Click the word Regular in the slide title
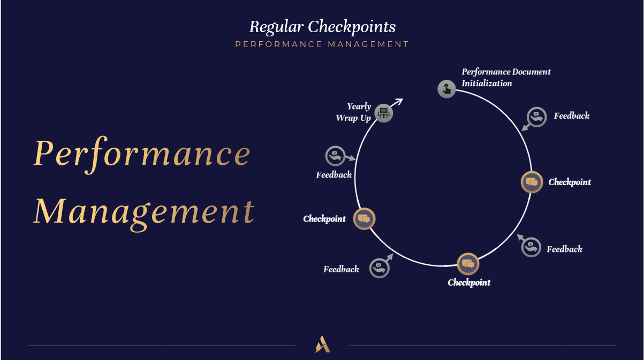(277, 26)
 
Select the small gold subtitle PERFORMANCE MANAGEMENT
(322, 44)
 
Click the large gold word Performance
(142, 154)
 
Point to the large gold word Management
(144, 212)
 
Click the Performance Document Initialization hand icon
(446, 89)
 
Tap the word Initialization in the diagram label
(487, 83)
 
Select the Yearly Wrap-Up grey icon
(383, 113)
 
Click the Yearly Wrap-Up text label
(354, 112)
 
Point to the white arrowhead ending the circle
(399, 101)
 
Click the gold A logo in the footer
(322, 344)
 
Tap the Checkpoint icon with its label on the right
(532, 182)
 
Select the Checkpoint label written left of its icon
(324, 219)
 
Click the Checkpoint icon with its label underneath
(467, 264)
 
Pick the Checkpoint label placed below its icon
(469, 282)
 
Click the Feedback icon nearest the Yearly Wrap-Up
(336, 156)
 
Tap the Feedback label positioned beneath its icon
(334, 175)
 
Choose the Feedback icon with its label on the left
(379, 268)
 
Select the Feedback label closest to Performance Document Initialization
(572, 116)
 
